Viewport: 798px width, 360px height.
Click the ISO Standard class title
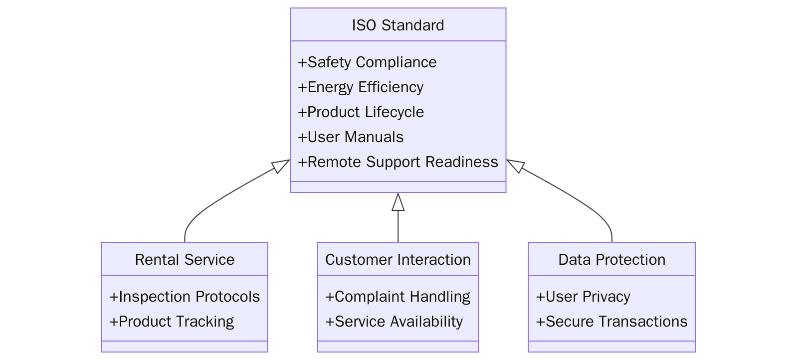[x=398, y=25]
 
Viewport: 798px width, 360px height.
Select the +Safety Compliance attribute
[x=367, y=62]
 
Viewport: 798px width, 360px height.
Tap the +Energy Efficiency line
[x=361, y=87]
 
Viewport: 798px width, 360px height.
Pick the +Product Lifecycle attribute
[x=361, y=112]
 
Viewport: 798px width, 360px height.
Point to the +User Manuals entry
[x=351, y=137]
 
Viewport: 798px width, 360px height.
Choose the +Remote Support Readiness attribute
[x=398, y=162]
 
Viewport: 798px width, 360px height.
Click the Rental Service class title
[x=185, y=259]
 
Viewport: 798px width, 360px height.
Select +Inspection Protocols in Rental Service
[x=185, y=297]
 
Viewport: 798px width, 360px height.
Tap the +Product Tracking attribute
[x=172, y=322]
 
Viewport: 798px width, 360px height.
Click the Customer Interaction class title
[x=398, y=259]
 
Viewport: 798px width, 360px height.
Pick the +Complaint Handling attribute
[x=398, y=297]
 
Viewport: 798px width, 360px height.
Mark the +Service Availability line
[x=394, y=322]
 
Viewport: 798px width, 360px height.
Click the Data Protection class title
[x=611, y=259]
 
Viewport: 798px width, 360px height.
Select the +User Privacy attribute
[x=583, y=297]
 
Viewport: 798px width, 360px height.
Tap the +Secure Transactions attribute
[x=611, y=322]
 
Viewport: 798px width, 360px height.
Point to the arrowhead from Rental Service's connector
[x=280, y=166]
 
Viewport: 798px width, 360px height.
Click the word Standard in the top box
[x=413, y=25]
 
